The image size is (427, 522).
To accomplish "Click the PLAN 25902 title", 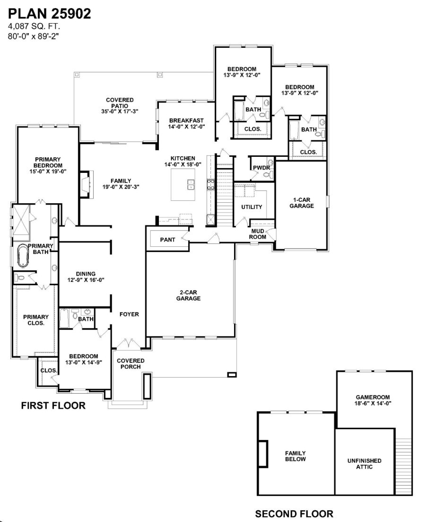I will (x=49, y=14).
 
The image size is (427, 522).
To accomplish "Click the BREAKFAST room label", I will (x=186, y=120).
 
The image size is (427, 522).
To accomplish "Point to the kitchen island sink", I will (x=192, y=184).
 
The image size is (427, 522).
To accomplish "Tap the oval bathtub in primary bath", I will (x=22, y=255).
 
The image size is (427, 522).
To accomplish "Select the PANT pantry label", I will (x=167, y=240).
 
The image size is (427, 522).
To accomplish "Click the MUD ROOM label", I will (x=258, y=234).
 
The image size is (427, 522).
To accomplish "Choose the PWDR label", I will (x=261, y=168).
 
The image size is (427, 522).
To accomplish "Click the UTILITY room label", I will (x=252, y=207).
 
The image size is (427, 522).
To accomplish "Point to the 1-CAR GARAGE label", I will (x=301, y=203).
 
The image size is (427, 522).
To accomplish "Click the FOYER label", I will (x=129, y=314).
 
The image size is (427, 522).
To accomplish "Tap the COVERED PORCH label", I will (x=131, y=364).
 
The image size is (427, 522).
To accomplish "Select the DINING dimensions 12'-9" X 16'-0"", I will (x=86, y=280).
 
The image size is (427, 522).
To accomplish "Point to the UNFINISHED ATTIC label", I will (x=364, y=463).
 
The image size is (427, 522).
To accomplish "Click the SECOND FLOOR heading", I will (x=294, y=513).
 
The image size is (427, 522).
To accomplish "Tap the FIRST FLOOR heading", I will (x=53, y=405).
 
